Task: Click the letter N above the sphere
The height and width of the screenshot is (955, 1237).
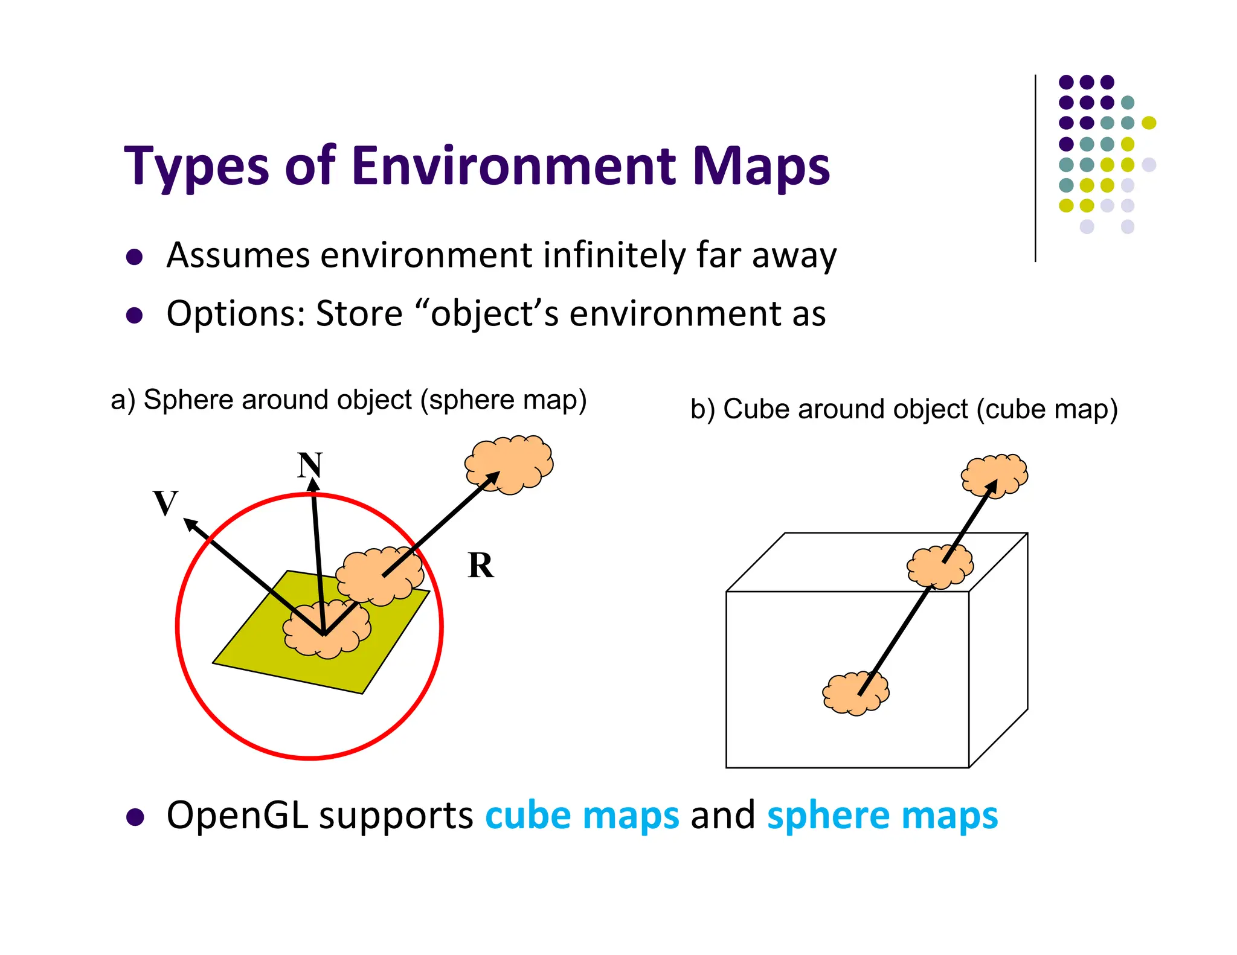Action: (310, 465)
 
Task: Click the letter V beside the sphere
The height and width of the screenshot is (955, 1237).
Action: (165, 503)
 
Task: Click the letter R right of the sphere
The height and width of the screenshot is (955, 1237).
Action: (481, 566)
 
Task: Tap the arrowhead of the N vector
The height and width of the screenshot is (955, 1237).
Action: (313, 485)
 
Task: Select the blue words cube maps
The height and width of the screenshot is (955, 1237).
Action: (582, 816)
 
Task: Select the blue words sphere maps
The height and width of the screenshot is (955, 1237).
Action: (882, 816)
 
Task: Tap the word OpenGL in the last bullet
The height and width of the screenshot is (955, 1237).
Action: (237, 816)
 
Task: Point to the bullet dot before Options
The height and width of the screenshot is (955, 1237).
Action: (134, 315)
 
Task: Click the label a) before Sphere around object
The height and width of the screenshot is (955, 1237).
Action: (123, 400)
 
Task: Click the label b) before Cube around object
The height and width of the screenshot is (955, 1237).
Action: (702, 409)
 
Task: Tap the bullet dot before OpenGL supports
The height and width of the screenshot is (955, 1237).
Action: (135, 817)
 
